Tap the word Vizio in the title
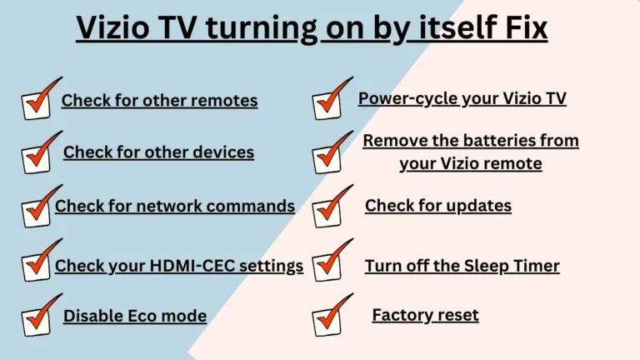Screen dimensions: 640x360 click(112, 27)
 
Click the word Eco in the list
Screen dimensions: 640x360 click(142, 316)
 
